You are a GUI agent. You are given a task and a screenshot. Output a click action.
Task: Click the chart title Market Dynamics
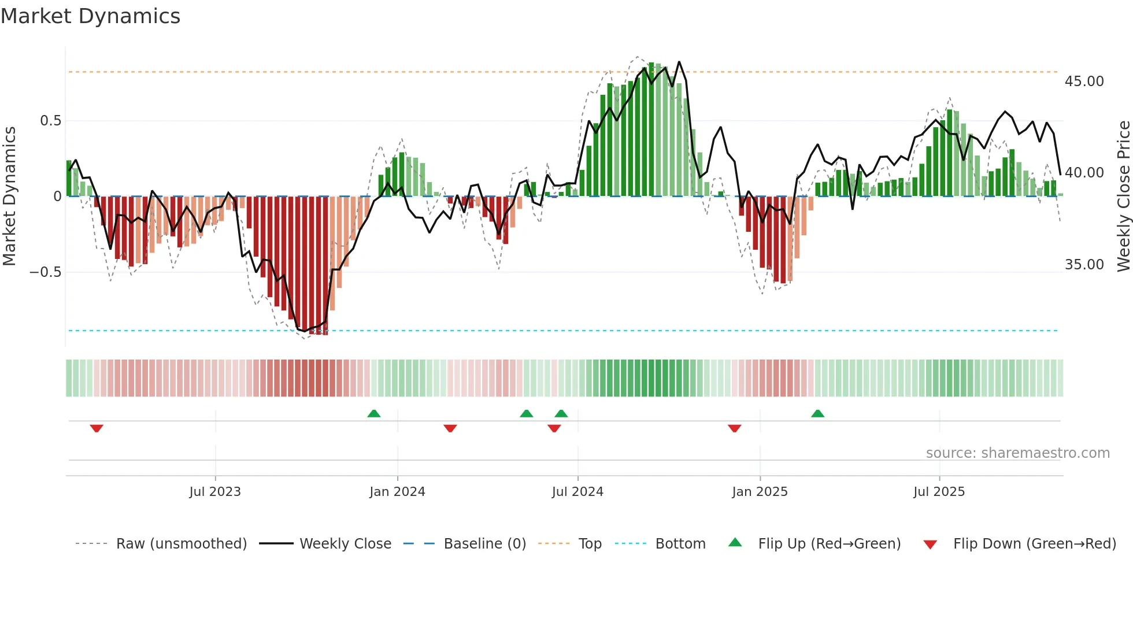pyautogui.click(x=91, y=16)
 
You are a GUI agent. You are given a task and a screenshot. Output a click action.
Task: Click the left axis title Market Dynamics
pyautogui.click(x=9, y=197)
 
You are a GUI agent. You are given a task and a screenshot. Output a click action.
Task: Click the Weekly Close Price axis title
pyautogui.click(x=1123, y=197)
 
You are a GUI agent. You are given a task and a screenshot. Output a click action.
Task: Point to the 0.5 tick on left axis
pyautogui.click(x=50, y=121)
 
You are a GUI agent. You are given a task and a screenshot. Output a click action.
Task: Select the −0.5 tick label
pyautogui.click(x=46, y=272)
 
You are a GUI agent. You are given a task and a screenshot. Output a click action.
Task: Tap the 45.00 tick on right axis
pyautogui.click(x=1084, y=82)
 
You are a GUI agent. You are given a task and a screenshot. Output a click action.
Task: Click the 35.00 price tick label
pyautogui.click(x=1084, y=265)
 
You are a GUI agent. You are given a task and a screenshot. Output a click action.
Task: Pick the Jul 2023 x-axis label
pyautogui.click(x=215, y=492)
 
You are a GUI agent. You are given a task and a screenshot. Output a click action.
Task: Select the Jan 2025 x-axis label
pyautogui.click(x=760, y=492)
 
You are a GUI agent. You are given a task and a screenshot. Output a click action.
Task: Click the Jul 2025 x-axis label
pyautogui.click(x=939, y=492)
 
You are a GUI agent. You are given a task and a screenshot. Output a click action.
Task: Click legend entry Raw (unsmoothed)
pyautogui.click(x=181, y=544)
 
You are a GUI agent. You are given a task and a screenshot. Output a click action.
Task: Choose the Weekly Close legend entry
pyautogui.click(x=345, y=544)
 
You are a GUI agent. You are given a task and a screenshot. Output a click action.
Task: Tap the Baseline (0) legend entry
pyautogui.click(x=484, y=544)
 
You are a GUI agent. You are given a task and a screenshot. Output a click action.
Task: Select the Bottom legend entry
pyautogui.click(x=680, y=544)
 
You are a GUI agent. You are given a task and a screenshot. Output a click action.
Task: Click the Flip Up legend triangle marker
pyautogui.click(x=735, y=543)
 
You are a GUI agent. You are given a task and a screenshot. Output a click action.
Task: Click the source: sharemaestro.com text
pyautogui.click(x=1017, y=453)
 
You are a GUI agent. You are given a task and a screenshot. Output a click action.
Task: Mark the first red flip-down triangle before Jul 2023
pyautogui.click(x=97, y=428)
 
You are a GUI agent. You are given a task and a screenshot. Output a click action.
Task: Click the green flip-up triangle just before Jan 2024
pyautogui.click(x=374, y=414)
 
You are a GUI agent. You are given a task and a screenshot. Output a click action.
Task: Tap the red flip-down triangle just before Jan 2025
pyautogui.click(x=734, y=428)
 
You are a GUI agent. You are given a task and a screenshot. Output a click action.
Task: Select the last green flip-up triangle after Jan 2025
pyautogui.click(x=817, y=414)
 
